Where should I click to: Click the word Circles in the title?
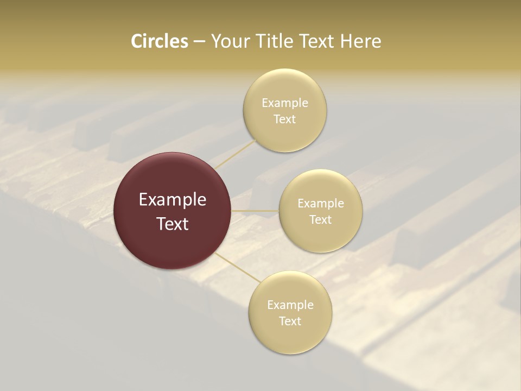point(160,41)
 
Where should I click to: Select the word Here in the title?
point(360,41)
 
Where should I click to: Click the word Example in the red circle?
point(173,200)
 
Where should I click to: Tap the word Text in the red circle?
point(173,224)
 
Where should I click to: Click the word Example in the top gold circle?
point(285,103)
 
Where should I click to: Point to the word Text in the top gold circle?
point(285,119)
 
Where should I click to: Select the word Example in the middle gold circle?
point(321,204)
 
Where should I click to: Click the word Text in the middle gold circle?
point(321,220)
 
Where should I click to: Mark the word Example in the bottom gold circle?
point(290,305)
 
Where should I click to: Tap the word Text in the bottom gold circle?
point(290,321)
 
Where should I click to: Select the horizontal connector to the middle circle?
point(255,210)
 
